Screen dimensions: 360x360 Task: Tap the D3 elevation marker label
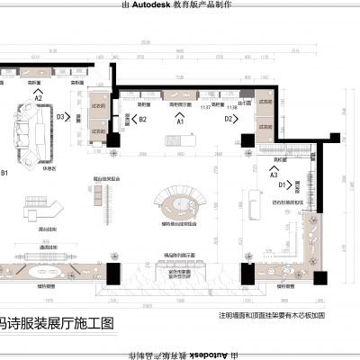click(61, 117)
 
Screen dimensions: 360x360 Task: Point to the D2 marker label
click(229, 118)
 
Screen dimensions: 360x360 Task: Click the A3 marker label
click(274, 175)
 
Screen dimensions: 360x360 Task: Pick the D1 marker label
click(282, 184)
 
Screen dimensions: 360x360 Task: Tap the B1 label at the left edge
click(4, 172)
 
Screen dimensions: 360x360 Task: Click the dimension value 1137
click(206, 107)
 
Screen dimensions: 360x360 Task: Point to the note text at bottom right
click(271, 316)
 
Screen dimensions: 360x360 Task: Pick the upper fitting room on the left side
click(98, 107)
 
